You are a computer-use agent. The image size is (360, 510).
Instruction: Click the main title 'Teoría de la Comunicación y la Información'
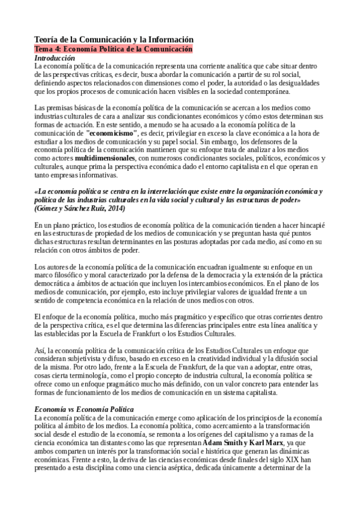point(114,39)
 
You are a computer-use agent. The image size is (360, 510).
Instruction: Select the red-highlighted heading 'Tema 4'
point(114,49)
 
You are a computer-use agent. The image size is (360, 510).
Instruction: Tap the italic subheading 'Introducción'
point(55,57)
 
